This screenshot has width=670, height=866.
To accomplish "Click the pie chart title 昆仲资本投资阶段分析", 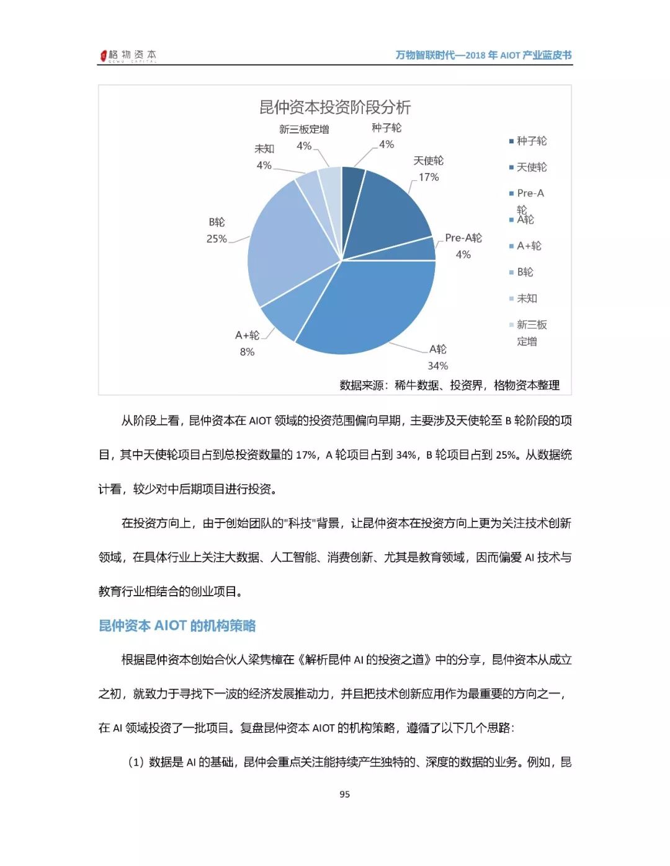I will (334, 107).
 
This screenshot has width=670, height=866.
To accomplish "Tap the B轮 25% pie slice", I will (285, 242).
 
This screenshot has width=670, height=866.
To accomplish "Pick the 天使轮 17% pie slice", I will (391, 211).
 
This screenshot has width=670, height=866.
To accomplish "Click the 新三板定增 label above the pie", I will (304, 130).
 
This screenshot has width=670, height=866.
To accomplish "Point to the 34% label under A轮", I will (437, 366).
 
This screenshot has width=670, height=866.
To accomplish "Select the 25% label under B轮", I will (217, 239).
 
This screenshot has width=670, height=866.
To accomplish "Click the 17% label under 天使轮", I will (429, 177).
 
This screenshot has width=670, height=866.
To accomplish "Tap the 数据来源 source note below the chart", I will (449, 385).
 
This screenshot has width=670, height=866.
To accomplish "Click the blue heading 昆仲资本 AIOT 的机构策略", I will (177, 625).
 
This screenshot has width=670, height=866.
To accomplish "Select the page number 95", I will (345, 794).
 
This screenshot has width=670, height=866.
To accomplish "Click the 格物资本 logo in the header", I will (128, 55).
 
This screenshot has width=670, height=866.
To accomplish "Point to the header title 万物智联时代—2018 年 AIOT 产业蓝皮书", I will (483, 55).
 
